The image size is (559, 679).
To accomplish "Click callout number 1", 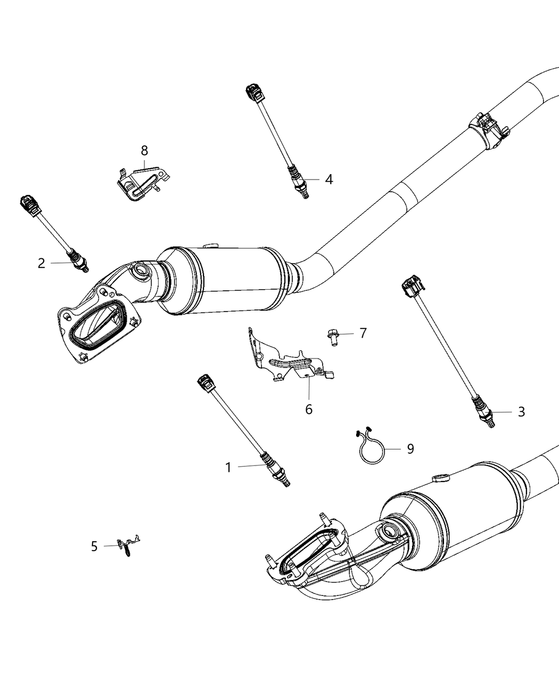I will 228,468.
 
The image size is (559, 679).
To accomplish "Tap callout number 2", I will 42,263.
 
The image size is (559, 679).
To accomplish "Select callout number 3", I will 521,412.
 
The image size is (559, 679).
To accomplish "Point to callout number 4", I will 328,180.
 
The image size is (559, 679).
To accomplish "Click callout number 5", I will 94,546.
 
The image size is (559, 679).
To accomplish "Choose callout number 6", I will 309,409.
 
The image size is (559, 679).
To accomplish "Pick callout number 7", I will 363,333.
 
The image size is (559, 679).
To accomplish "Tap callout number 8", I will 144,151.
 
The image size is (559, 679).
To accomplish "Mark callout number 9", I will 410,449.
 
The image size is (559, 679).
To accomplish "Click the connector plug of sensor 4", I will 253,93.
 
